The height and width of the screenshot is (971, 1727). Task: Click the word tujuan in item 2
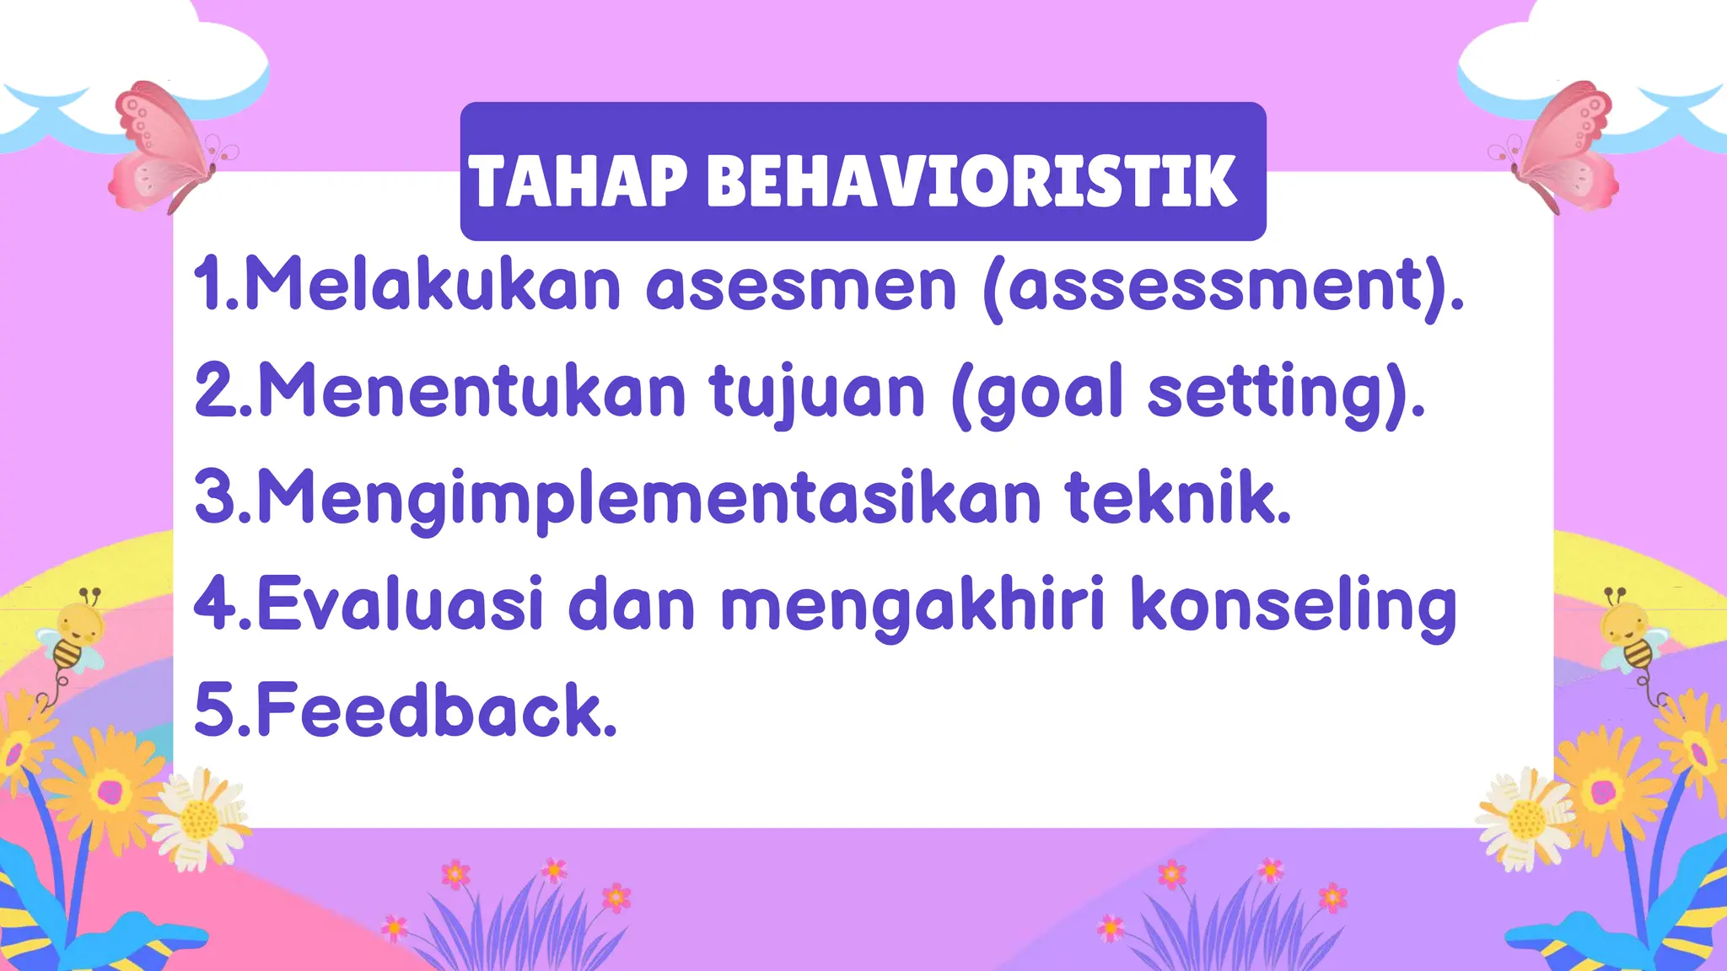coord(816,392)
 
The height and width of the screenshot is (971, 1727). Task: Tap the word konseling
coord(1294,604)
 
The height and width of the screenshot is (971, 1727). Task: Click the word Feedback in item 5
coord(435,710)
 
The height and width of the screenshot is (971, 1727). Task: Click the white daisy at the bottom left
coord(199,818)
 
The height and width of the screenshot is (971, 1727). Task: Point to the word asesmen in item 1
coord(801,285)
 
